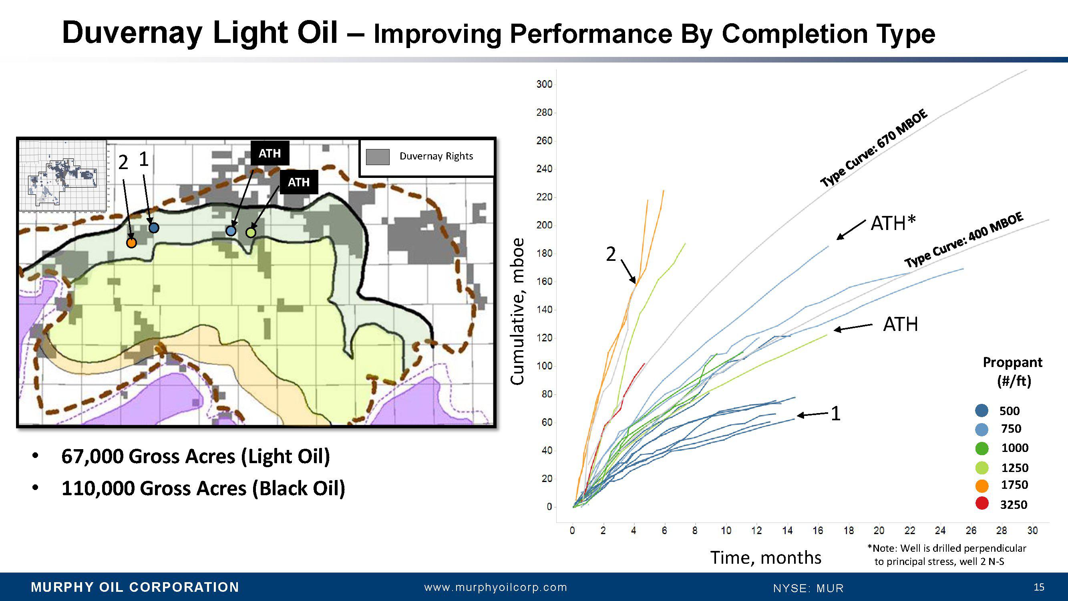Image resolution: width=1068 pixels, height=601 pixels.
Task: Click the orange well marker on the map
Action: (131, 243)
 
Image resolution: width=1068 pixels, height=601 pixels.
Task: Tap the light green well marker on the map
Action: (251, 233)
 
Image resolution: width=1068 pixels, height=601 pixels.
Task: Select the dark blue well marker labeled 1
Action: (154, 228)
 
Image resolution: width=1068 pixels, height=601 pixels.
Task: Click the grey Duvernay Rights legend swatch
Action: (378, 157)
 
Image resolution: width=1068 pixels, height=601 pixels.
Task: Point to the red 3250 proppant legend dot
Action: (982, 504)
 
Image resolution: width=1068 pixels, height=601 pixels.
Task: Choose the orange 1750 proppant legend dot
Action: (982, 485)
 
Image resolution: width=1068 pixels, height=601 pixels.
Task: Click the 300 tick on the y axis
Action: (544, 84)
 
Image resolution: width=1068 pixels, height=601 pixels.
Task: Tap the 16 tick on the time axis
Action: (818, 530)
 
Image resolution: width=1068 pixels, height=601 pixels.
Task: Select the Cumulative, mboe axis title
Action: (517, 311)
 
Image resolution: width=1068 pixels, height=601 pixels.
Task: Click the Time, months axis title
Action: (766, 557)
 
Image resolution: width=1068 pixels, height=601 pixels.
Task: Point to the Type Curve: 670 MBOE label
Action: (873, 148)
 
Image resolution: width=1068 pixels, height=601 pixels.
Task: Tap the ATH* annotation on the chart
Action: (893, 224)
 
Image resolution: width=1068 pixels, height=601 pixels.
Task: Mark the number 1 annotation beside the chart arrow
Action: (835, 413)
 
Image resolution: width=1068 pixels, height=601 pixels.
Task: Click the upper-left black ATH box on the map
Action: (270, 153)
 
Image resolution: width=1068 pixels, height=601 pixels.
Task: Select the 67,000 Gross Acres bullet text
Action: (196, 456)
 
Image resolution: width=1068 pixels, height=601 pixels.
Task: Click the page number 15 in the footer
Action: (1039, 587)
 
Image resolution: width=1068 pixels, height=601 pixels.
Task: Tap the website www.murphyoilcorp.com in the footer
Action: (495, 587)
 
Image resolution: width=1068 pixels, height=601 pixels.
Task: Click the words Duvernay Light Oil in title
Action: (199, 33)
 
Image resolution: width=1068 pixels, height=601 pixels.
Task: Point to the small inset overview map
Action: (62, 175)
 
